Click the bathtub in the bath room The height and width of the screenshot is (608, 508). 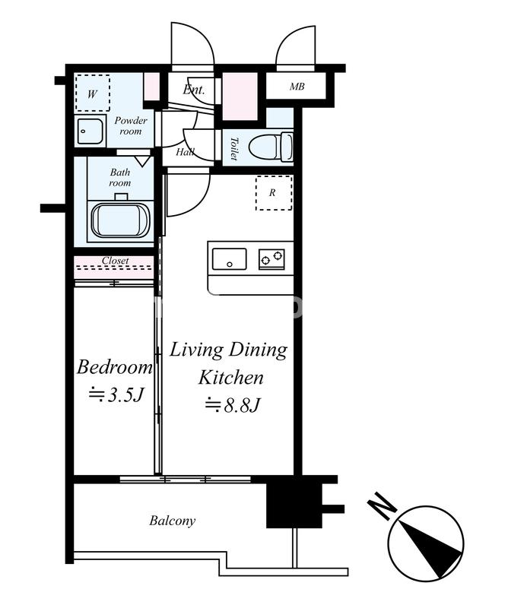click(x=120, y=220)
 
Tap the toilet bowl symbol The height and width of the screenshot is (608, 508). click(x=271, y=147)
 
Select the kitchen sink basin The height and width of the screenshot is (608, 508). click(x=229, y=259)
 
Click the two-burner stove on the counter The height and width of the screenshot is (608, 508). click(x=271, y=259)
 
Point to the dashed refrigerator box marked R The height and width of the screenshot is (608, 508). click(x=274, y=193)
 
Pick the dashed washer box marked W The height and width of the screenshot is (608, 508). click(x=92, y=93)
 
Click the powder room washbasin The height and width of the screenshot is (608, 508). click(x=90, y=131)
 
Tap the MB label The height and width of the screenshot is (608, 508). click(x=297, y=87)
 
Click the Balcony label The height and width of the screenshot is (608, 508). click(x=173, y=521)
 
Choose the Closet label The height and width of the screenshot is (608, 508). click(x=116, y=261)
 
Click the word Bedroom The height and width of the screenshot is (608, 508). click(x=115, y=367)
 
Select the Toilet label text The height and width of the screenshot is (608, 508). click(x=233, y=148)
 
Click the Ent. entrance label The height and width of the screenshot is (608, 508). click(x=194, y=90)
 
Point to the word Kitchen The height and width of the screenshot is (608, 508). click(x=231, y=377)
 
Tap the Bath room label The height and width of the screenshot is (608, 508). click(x=120, y=177)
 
